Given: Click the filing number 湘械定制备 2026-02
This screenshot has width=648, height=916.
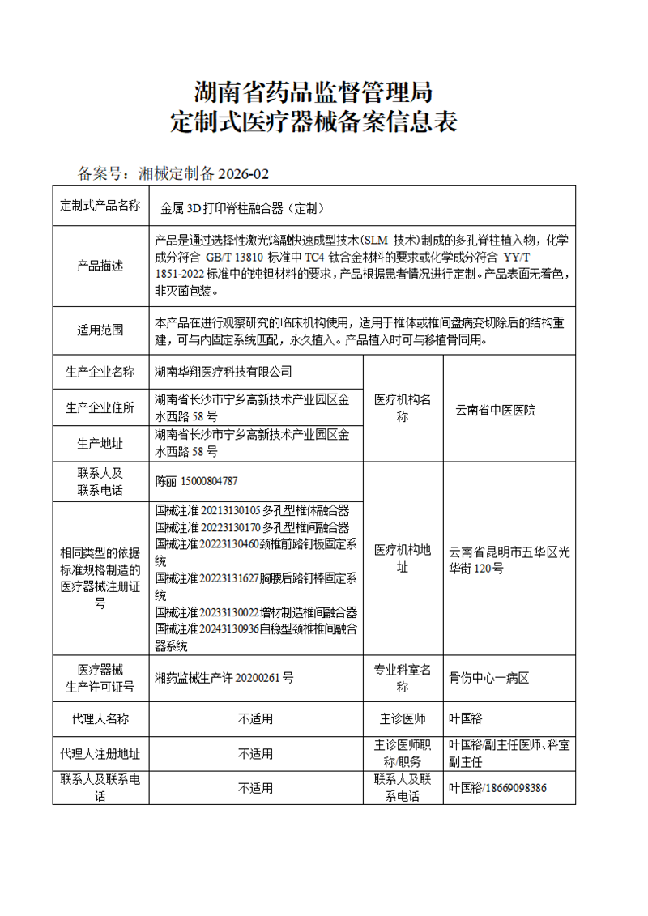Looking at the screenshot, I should [202, 173].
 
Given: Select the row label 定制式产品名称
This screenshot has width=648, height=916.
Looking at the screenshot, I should [100, 206].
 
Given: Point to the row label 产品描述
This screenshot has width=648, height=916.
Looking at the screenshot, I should [100, 266].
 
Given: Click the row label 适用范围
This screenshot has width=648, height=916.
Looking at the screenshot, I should [100, 330].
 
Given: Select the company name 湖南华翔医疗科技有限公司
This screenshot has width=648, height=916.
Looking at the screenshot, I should [223, 372].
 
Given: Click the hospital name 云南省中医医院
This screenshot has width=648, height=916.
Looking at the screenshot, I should [496, 410].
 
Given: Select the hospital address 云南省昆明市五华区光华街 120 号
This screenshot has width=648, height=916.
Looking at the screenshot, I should [509, 560].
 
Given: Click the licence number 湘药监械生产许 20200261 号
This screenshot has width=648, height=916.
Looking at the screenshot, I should [224, 679].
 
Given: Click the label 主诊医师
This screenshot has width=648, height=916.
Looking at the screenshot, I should [403, 718].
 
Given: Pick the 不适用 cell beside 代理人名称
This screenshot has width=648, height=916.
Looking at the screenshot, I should [255, 718].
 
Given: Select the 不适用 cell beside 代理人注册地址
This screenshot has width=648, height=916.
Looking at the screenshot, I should [255, 754].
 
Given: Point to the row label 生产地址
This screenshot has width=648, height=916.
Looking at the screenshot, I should [100, 443].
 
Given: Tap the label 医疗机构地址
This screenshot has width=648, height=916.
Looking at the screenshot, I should [403, 560].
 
